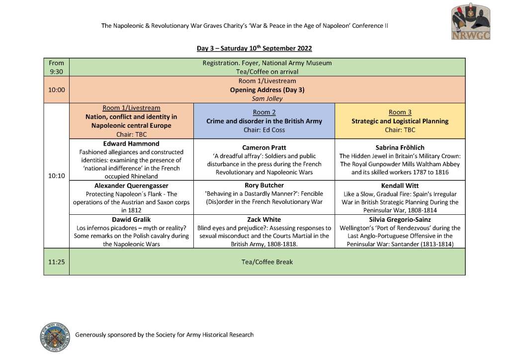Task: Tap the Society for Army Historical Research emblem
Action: (53, 335)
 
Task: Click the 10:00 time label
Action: (57, 90)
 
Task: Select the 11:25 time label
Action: (57, 262)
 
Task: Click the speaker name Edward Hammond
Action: (131, 144)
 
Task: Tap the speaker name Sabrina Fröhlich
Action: (400, 148)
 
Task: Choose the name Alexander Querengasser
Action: (131, 185)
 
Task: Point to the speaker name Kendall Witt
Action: (400, 185)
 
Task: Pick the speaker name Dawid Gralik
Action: (131, 220)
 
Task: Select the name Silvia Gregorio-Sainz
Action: (400, 220)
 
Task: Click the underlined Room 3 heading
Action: (400, 112)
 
